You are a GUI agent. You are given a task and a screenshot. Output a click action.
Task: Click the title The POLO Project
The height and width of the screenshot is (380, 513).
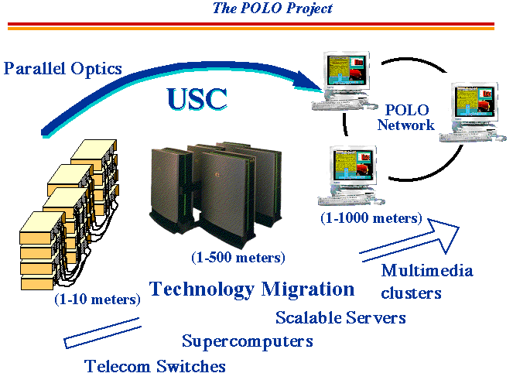272,8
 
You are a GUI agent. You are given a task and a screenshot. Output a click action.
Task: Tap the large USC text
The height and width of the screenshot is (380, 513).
197,99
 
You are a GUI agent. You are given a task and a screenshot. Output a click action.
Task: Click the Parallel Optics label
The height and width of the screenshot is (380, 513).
63,68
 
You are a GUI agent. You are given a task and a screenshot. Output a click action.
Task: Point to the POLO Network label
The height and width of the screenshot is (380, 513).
406,118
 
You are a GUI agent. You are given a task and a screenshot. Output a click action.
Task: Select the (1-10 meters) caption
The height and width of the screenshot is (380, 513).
97,300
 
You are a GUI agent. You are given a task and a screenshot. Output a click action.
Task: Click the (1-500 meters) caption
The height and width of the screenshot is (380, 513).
238,258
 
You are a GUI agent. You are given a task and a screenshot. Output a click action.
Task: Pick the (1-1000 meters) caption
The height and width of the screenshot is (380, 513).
371,218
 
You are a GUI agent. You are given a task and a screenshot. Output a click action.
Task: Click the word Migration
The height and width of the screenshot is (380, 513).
308,289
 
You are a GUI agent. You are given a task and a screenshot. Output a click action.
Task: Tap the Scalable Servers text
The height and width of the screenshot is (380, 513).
340,317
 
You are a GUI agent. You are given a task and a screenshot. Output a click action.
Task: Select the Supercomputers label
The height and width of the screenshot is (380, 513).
248,342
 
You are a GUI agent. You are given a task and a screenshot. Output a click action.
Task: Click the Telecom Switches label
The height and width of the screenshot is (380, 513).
155,366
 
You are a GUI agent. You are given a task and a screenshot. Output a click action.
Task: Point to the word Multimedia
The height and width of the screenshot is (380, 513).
427,271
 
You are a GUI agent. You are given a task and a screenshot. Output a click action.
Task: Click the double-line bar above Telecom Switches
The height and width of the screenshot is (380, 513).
102,333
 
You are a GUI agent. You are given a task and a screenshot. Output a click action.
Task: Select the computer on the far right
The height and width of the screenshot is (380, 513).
473,112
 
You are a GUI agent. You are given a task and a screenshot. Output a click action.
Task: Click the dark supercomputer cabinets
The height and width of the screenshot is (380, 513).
216,193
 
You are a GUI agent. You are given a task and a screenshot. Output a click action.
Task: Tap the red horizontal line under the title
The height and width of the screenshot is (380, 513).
251,24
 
